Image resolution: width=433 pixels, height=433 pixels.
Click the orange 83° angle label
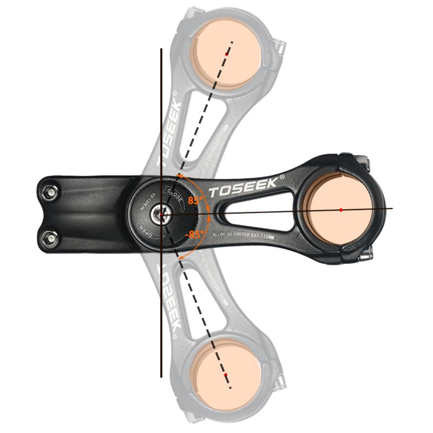pyautogui.click(x=195, y=200)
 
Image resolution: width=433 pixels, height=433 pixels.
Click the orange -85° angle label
pyautogui.click(x=195, y=234)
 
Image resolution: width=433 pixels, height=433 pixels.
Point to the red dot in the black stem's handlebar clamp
pyautogui.click(x=341, y=209)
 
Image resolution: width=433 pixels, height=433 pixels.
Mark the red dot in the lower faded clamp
pyautogui.click(x=226, y=375)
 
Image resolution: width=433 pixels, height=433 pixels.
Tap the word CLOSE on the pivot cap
pyautogui.click(x=175, y=192)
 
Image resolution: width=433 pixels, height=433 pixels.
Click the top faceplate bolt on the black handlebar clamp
pyautogui.click(x=362, y=160)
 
